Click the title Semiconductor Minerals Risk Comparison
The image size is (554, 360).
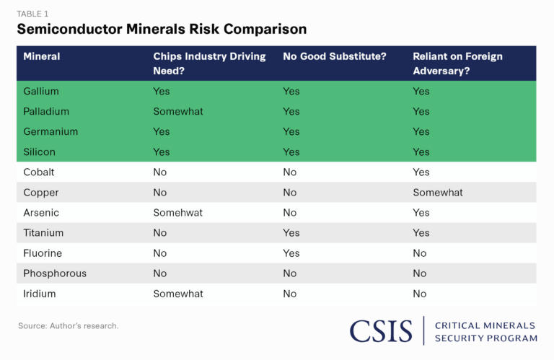click(162, 30)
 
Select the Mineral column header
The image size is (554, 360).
click(41, 56)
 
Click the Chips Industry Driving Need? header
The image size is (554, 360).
click(209, 63)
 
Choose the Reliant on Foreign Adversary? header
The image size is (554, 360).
click(457, 63)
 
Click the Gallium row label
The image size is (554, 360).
click(41, 92)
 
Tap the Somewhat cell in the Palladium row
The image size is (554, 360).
click(178, 112)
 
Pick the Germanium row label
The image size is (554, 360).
click(50, 132)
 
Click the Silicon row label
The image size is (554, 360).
click(39, 152)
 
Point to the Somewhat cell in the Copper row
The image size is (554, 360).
click(438, 193)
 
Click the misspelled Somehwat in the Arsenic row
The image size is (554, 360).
click(178, 213)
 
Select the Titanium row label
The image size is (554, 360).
click(43, 233)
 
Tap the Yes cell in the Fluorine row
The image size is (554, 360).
click(291, 253)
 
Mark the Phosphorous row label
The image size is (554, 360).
click(55, 273)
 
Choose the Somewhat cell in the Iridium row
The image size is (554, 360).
click(178, 294)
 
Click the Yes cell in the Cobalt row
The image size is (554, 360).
click(421, 172)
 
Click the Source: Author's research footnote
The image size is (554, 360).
click(69, 326)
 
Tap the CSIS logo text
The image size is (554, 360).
click(382, 330)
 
